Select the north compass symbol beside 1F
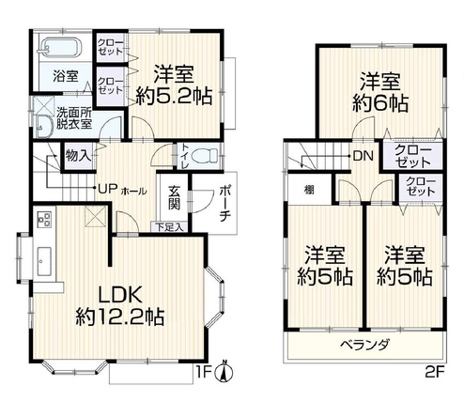(x=224, y=372)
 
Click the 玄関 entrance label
(x=175, y=198)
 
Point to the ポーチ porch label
(x=224, y=204)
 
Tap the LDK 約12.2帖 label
(x=119, y=306)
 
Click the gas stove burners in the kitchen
(x=44, y=219)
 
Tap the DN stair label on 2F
(x=363, y=156)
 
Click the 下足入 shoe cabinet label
(x=170, y=227)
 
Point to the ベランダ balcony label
(x=365, y=345)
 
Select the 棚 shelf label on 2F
(x=309, y=190)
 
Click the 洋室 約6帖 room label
(x=380, y=92)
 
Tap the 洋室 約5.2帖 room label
(x=174, y=85)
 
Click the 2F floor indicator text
(x=435, y=372)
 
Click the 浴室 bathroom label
(x=66, y=76)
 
